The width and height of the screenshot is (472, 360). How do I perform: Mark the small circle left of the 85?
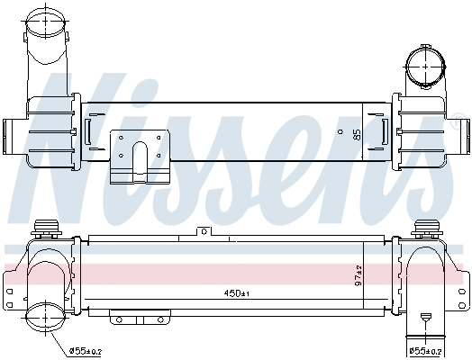[340, 132]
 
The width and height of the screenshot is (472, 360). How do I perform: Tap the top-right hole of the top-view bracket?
[159, 137]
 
